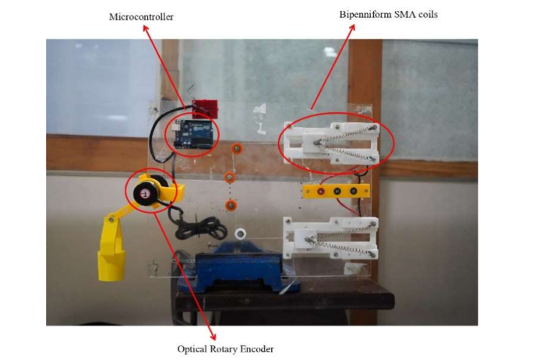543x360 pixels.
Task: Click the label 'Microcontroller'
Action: pos(141,17)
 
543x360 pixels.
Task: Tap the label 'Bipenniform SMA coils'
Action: pos(388,15)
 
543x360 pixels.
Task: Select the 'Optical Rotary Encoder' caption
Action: pos(225,349)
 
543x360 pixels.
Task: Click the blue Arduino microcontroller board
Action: pos(192,134)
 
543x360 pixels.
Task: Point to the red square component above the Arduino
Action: pos(206,109)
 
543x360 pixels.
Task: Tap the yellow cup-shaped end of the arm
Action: pos(111,265)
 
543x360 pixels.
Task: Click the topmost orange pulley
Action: pos(237,149)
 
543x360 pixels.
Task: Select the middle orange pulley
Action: pos(230,178)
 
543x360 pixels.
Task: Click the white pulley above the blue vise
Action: pos(239,234)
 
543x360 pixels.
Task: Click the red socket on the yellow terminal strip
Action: pos(321,191)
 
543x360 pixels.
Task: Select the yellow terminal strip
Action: pos(337,191)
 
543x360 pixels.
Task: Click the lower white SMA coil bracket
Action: pos(330,238)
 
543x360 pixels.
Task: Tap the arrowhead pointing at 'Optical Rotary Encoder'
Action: pos(213,337)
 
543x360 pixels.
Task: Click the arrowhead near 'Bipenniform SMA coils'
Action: pos(352,28)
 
